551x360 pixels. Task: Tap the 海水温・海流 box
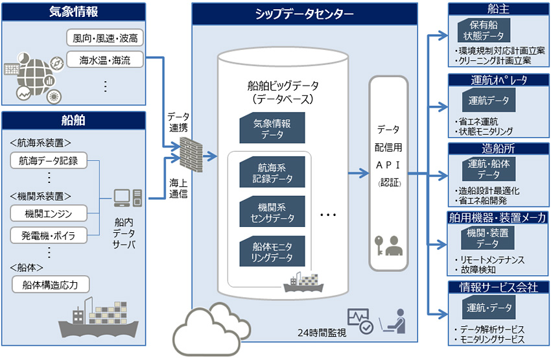pyautogui.click(x=104, y=61)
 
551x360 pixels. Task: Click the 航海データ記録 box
pyautogui.click(x=49, y=160)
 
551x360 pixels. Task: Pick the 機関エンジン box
pyautogui.click(x=49, y=213)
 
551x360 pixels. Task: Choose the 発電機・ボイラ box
pyautogui.click(x=49, y=235)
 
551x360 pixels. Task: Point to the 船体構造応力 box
pyautogui.click(x=51, y=284)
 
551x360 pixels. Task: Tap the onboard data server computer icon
pyautogui.click(x=126, y=200)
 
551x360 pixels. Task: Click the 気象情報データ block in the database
pyautogui.click(x=272, y=128)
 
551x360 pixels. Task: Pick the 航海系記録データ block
pyautogui.click(x=272, y=173)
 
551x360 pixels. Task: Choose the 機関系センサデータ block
pyautogui.click(x=272, y=213)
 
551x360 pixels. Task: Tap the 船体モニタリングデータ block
pyautogui.click(x=272, y=253)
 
